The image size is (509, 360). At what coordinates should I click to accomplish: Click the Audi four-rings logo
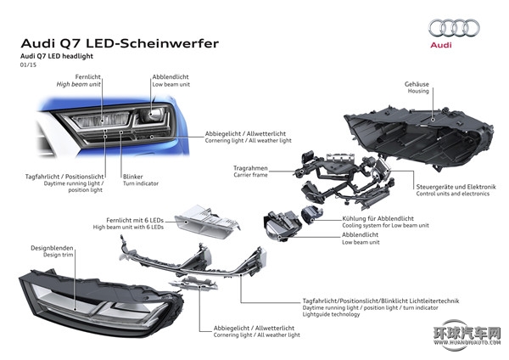click(x=454, y=28)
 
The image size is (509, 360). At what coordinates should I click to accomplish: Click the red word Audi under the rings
click(x=441, y=45)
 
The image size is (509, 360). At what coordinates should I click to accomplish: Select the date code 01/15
click(x=28, y=65)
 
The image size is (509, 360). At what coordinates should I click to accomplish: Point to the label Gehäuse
click(x=417, y=84)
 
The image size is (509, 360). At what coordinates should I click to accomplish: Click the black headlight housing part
click(x=419, y=136)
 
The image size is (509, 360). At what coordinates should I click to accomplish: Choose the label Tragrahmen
click(x=250, y=168)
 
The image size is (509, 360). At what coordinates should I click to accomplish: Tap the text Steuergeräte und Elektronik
click(x=456, y=187)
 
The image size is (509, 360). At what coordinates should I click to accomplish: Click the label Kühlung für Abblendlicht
click(x=378, y=218)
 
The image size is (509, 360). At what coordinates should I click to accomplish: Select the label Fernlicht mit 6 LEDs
click(x=135, y=220)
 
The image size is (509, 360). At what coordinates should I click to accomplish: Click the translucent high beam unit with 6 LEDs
click(x=207, y=222)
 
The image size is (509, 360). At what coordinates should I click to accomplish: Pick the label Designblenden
click(x=52, y=248)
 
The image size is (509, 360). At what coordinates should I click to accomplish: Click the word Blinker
click(x=133, y=177)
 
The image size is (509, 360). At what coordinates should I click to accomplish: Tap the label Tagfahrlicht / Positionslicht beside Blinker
click(x=64, y=177)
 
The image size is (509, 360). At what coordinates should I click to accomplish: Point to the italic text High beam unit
click(x=79, y=84)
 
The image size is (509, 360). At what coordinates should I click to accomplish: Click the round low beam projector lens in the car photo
click(x=151, y=115)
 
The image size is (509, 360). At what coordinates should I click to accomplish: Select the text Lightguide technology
click(x=331, y=314)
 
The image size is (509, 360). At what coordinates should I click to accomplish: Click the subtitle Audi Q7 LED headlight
click(x=57, y=56)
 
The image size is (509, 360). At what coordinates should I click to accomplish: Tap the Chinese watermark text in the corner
click(x=467, y=333)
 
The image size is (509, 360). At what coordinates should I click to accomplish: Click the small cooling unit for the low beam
click(x=312, y=214)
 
